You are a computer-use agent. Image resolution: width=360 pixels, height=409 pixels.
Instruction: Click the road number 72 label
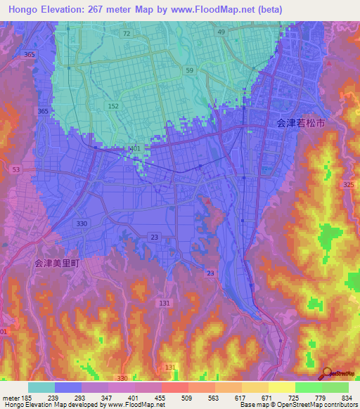coord(126,33)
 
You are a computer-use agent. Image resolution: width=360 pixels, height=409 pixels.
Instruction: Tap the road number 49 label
coord(221,32)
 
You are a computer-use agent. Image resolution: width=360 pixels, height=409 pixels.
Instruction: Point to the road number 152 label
coord(112,105)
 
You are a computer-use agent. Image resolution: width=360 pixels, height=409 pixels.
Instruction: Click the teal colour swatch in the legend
coord(41,388)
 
